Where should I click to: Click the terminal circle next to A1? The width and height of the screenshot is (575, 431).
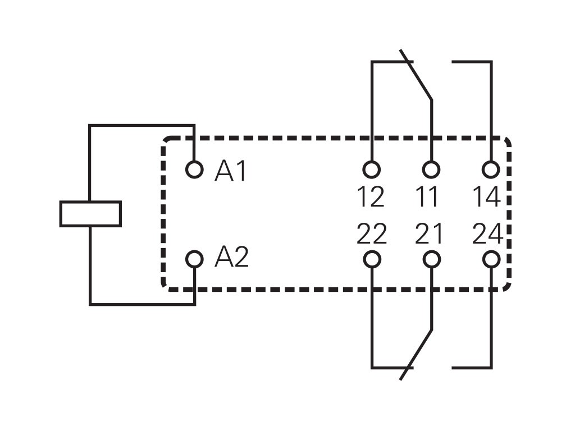point(194,169)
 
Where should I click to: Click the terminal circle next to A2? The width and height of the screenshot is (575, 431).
point(194,259)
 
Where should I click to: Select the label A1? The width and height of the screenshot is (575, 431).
point(231,171)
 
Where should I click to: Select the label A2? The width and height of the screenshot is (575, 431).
point(231,258)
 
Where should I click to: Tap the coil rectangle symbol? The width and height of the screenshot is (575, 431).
point(90,214)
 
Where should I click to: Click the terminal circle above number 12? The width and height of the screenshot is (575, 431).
point(372,169)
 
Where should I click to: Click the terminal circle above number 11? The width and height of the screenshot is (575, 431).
point(431,169)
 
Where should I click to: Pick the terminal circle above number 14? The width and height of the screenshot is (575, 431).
point(491,169)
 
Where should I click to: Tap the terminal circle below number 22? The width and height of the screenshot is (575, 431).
point(372,259)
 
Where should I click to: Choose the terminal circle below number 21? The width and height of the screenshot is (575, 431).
point(431,259)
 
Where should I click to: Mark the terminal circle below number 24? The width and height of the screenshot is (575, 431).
point(491,259)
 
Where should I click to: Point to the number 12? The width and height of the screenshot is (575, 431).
point(371,197)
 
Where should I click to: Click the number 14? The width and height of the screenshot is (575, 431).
point(486,197)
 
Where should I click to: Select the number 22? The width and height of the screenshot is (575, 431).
point(372,234)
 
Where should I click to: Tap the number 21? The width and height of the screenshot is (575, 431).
point(429,234)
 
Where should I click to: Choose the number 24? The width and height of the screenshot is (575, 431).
point(487,234)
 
